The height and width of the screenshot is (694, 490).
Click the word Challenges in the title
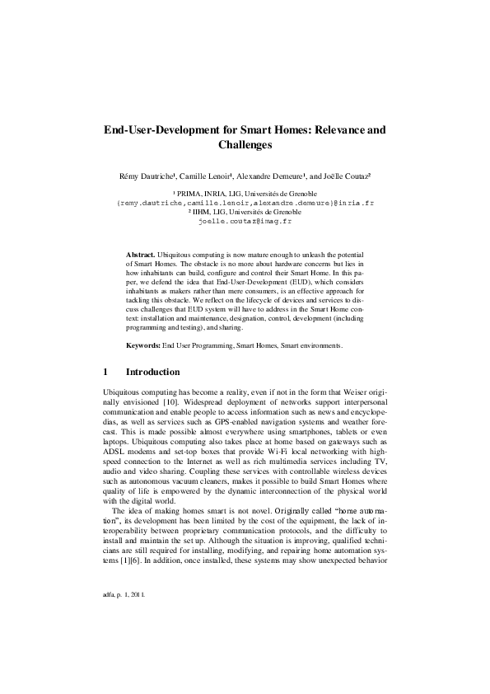(245, 145)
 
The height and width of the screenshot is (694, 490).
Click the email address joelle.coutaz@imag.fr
(245, 222)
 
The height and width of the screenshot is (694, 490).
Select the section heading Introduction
(152, 372)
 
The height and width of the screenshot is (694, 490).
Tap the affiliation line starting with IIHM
(245, 212)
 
